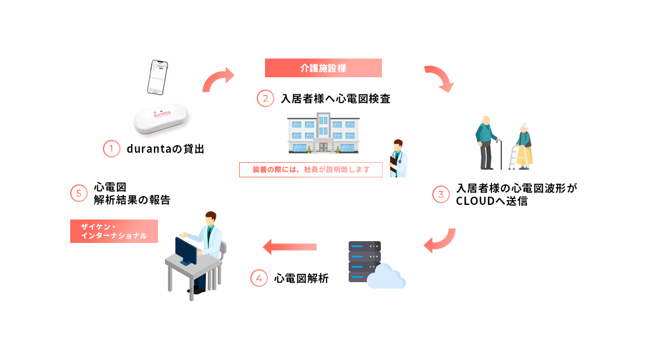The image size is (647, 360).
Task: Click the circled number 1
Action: tap(111, 149)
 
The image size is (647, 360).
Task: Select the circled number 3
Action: tap(440, 194)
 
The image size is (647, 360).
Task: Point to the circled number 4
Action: tap(259, 278)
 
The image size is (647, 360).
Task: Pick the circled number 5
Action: tap(79, 194)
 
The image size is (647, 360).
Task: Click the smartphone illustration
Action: tap(156, 77)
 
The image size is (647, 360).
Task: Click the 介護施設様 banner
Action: tap(323, 68)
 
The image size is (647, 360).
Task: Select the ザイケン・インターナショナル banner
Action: tap(114, 231)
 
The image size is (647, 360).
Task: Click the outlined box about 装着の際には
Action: tap(311, 170)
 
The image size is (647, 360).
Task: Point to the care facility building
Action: tap(323, 134)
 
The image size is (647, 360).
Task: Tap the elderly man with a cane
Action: tap(487, 142)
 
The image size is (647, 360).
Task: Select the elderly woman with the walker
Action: tap(522, 147)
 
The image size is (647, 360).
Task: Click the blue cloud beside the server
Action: tap(387, 277)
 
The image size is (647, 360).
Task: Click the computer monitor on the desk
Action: tap(186, 251)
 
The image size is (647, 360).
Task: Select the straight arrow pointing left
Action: tap(290, 247)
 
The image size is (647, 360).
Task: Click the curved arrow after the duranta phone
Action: tap(218, 80)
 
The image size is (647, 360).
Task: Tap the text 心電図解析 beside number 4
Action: tap(301, 279)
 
